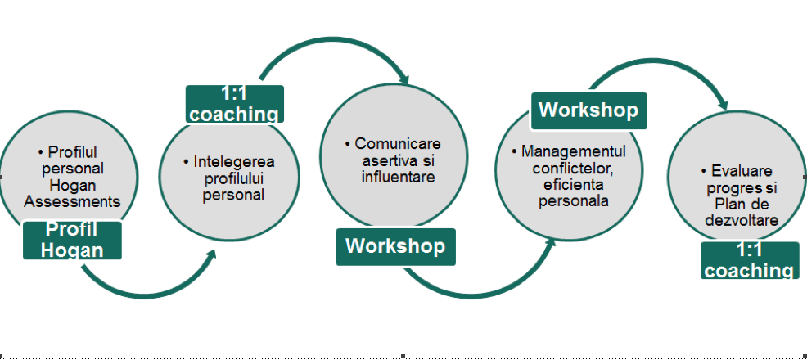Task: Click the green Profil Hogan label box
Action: point(73,241)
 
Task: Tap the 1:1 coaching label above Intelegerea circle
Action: point(235,104)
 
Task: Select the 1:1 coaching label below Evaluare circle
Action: point(749,260)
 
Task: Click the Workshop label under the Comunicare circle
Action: point(396,247)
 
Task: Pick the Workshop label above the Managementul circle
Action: point(588,110)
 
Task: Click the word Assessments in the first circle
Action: point(72,201)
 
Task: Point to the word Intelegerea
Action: point(234,161)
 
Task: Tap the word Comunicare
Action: point(398,143)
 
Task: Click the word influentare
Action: point(399,177)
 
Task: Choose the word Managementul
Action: point(574,151)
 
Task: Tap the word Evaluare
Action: point(742,171)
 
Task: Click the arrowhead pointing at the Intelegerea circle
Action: point(210,255)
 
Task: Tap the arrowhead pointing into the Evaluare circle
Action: point(723,105)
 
